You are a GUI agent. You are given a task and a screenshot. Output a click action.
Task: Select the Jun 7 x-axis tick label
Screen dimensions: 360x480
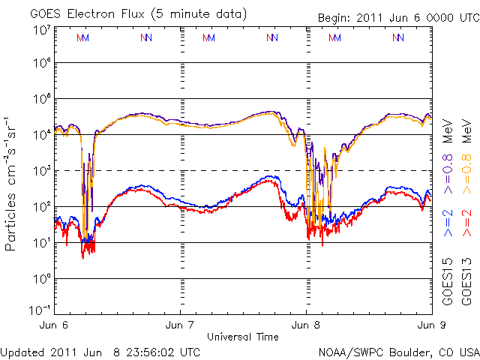click(180, 325)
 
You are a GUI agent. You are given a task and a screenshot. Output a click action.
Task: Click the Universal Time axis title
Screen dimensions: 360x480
click(242, 337)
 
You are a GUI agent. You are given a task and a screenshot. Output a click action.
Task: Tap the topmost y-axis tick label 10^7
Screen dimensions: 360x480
click(41, 29)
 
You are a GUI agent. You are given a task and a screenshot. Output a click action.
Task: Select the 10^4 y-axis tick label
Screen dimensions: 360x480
click(41, 134)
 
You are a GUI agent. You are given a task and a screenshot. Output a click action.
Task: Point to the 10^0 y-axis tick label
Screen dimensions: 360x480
click(41, 278)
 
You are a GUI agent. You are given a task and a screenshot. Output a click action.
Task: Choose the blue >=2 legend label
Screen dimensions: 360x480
click(448, 223)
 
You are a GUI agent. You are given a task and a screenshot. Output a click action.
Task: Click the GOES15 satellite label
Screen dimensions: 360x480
click(448, 282)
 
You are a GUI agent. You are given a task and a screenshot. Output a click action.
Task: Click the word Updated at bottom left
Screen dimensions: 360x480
click(22, 351)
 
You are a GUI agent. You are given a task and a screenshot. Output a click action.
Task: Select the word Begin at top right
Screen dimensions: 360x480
click(334, 18)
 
